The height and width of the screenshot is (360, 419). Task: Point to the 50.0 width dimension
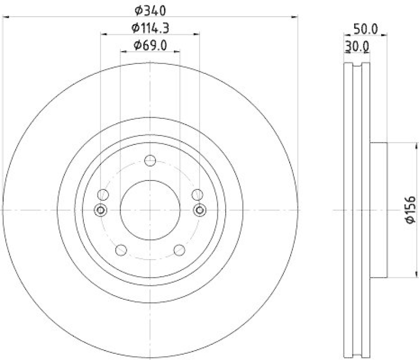366,29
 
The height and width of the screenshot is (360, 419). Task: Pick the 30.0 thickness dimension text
357,47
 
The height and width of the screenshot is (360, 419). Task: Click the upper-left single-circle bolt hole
103,195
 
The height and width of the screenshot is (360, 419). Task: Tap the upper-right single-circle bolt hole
197,195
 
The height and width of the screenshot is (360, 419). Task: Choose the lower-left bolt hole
121,250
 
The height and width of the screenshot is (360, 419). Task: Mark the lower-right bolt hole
179,250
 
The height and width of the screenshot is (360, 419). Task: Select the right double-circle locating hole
200,210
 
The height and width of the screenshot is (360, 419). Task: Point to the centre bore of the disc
150,210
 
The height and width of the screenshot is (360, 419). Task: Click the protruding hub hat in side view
378,210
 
